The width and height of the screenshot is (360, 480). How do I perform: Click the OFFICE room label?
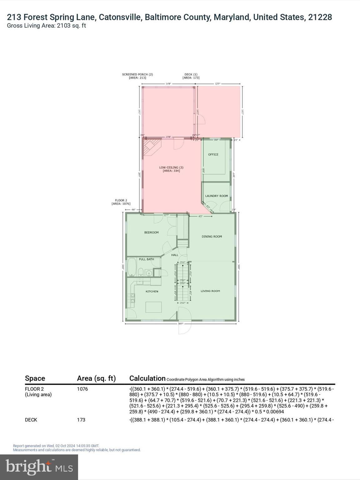coord(213,154)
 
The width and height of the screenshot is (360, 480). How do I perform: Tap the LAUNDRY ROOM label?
coord(216,196)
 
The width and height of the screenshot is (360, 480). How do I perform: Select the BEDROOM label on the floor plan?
coord(151,232)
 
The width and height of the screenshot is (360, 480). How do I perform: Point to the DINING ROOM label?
coord(212,237)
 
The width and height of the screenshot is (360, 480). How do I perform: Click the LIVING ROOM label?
coord(210,291)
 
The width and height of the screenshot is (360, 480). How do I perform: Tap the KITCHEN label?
coord(152,291)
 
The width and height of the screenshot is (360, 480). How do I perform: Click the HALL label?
coord(175,255)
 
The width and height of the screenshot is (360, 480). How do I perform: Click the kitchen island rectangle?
coord(153,307)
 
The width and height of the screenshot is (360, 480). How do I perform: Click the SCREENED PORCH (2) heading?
coord(137,75)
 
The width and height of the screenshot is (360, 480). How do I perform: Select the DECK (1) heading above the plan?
coord(191,75)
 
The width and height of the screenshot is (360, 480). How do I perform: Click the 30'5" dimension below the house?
coord(180,324)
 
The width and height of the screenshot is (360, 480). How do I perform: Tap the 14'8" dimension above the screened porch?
coord(168,84)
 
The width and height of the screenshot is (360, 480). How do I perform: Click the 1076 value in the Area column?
coord(82,389)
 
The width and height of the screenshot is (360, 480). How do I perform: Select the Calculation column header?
coord(147,378)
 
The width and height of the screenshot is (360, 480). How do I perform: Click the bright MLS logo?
coord(39,467)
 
